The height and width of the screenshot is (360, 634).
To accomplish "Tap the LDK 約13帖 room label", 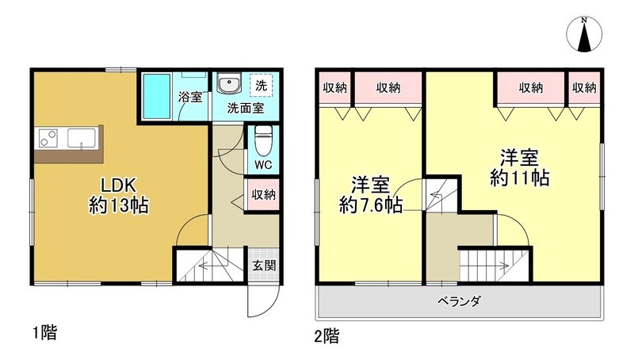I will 119,195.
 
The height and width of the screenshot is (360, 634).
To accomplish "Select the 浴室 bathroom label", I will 190,98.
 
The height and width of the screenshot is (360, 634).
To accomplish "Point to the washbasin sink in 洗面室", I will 231,85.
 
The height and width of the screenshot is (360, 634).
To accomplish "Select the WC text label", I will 264,166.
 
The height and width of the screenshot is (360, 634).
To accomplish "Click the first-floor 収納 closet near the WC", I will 264,194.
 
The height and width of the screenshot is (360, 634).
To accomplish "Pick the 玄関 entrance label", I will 265,266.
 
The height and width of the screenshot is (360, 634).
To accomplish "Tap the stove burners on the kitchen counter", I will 47,138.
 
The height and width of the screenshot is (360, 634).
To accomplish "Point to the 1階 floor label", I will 44,332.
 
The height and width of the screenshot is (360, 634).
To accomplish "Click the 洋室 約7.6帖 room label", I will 370,195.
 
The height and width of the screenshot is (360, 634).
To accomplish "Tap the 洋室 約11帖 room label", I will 520,167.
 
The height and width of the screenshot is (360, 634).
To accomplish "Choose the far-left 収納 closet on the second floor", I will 334,88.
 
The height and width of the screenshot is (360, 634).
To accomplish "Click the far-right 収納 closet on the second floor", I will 584,88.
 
